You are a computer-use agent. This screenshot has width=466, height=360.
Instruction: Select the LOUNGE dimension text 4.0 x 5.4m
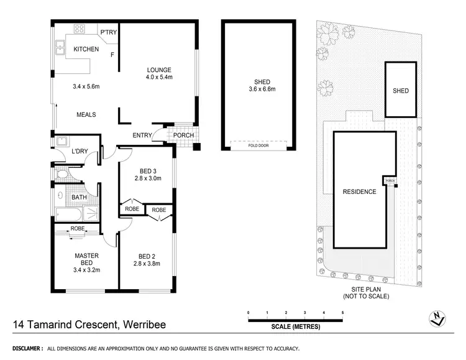[159, 78]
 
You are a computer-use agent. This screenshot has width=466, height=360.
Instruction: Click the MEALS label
[86, 115]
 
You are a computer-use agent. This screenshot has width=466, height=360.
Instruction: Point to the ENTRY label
[143, 136]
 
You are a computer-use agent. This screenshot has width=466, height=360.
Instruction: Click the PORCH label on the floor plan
[183, 136]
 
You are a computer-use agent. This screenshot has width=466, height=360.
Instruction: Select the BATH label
[80, 198]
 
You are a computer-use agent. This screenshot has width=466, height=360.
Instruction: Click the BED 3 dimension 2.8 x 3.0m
[148, 178]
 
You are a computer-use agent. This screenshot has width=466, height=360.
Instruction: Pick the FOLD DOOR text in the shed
[258, 147]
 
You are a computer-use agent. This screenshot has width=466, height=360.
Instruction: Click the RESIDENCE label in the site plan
[359, 192]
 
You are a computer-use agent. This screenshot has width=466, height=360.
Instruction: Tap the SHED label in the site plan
[401, 91]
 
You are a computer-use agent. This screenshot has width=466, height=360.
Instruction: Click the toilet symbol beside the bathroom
[60, 176]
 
